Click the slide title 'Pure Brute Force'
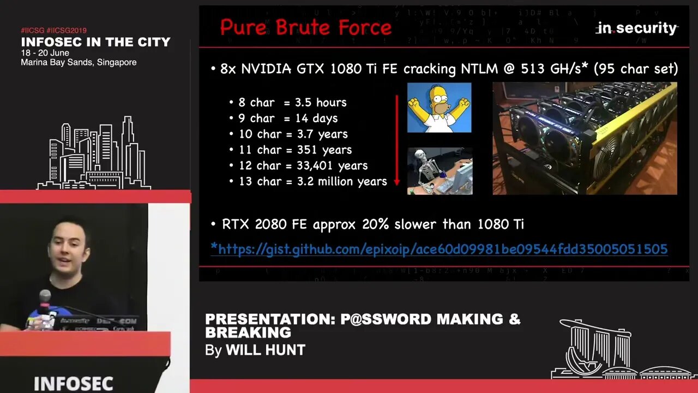coord(305,27)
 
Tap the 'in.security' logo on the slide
coord(636,28)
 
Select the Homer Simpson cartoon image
coord(439,108)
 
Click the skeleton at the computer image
coord(440,171)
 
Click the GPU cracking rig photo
coord(585,139)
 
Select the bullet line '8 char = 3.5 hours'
coord(292,103)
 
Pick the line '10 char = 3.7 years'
coord(293,134)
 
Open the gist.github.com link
coord(439,249)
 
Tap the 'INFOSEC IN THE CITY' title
coord(95,42)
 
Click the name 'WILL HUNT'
coord(265,350)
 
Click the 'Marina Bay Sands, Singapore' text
coord(79,63)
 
